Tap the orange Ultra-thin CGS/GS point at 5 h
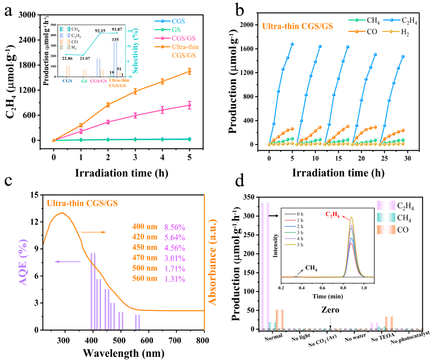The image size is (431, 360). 189,71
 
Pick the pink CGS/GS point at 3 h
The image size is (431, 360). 135,115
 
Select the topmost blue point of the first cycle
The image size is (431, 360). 292,44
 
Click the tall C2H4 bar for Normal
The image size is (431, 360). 265,265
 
